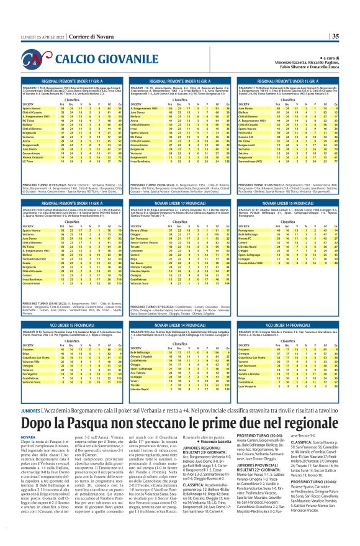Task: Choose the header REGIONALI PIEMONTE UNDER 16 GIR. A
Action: click(x=181, y=81)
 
